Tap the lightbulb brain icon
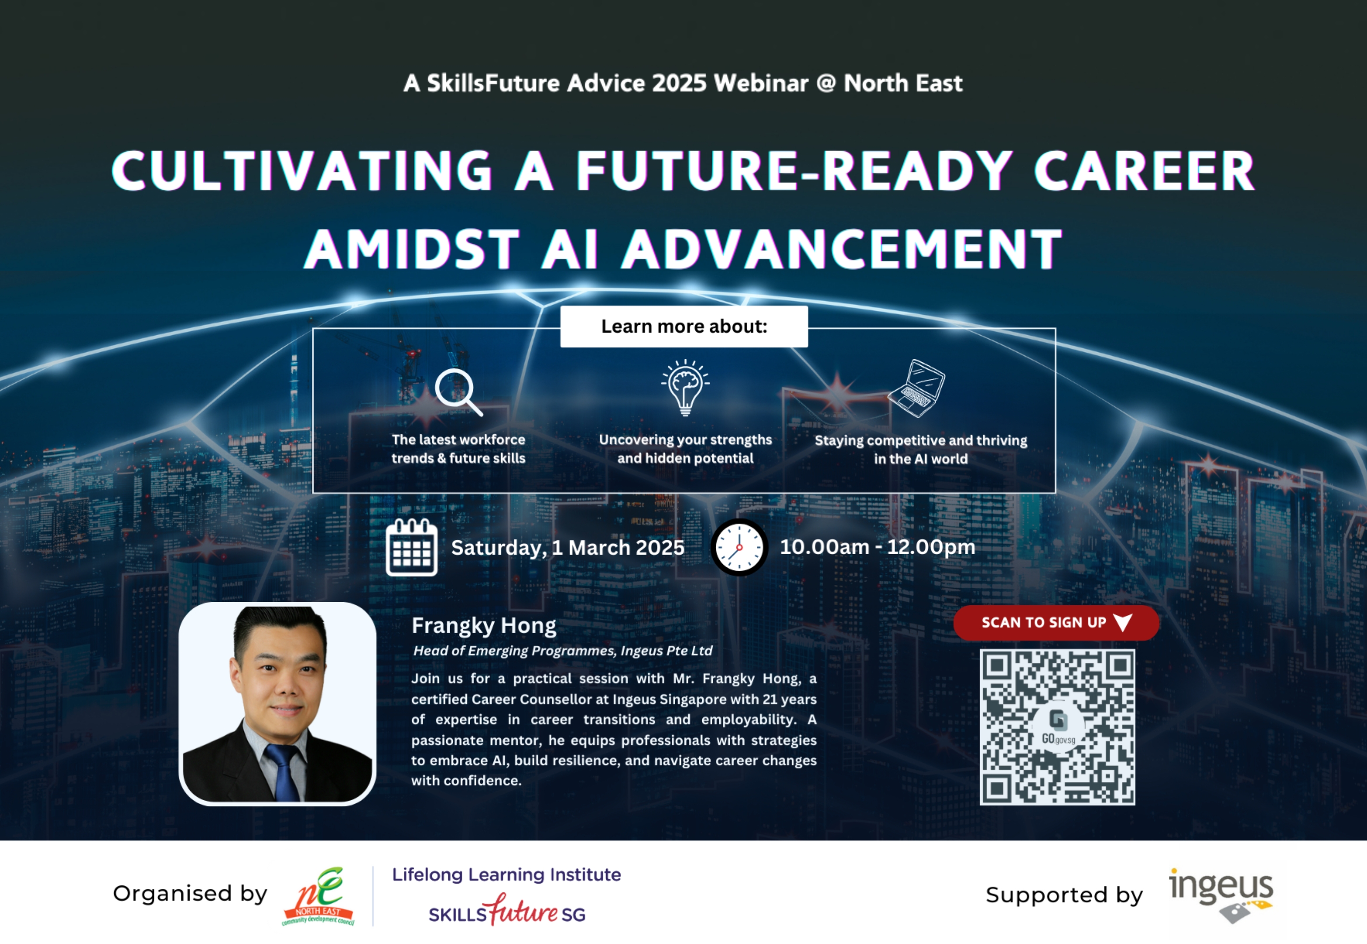pyautogui.click(x=685, y=387)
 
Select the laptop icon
pyautogui.click(x=916, y=388)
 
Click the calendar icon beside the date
pyautogui.click(x=412, y=547)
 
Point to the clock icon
pyautogui.click(x=739, y=547)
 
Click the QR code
pyautogui.click(x=1057, y=727)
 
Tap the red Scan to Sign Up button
pyautogui.click(x=1056, y=622)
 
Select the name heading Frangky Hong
pyautogui.click(x=484, y=625)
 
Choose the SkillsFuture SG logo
pyautogui.click(x=507, y=910)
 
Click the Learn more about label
pyautogui.click(x=684, y=326)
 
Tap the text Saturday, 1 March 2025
pyautogui.click(x=568, y=548)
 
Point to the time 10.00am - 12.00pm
pyautogui.click(x=877, y=547)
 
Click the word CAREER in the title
pyautogui.click(x=1144, y=170)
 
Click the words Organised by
pyautogui.click(x=190, y=894)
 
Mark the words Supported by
pyautogui.click(x=1064, y=895)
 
